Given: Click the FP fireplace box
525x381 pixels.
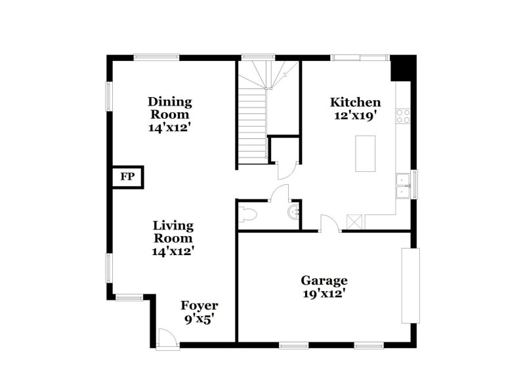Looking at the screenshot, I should point(127,177).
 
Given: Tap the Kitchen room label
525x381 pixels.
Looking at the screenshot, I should point(355,102).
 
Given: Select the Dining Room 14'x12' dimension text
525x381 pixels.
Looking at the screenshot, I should point(169,128).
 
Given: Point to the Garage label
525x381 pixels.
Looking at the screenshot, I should point(324,281).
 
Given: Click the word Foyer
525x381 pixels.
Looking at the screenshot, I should point(199,306).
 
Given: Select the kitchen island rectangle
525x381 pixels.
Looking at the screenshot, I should point(366,153).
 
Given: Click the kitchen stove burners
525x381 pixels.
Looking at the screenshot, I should point(404,117).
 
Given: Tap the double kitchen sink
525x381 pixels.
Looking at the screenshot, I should point(403,186).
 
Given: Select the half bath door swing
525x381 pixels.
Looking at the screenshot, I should point(280,193).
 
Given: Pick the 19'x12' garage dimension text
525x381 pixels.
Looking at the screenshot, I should point(324,294).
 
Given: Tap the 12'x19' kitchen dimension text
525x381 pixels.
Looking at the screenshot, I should point(355,116).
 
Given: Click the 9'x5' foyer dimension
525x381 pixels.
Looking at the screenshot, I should point(199,319).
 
